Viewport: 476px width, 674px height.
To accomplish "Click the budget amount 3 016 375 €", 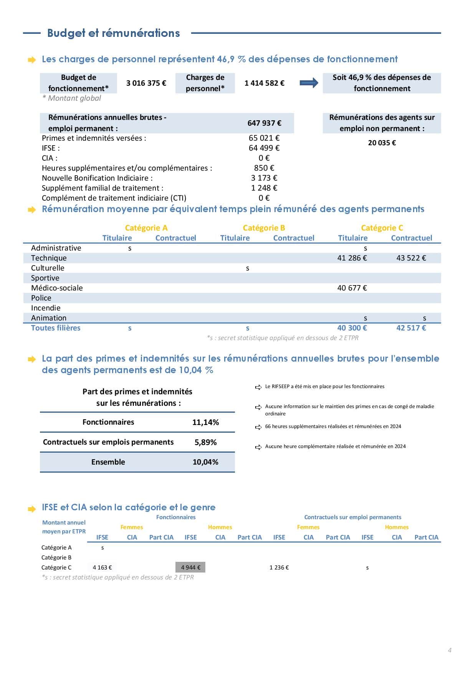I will click(146, 83).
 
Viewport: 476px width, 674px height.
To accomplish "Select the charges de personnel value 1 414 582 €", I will click(264, 83).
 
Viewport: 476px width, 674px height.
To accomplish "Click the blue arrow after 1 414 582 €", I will click(309, 83).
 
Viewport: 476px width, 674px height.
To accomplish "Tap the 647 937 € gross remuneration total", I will click(264, 123).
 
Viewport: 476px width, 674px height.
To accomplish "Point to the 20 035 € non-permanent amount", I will click(382, 143).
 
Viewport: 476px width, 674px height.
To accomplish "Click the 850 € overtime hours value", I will click(264, 168).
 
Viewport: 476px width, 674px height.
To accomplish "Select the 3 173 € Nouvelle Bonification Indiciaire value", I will click(264, 178).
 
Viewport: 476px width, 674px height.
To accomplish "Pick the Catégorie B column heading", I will click(264, 228).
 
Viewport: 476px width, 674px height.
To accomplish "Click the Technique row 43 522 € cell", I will click(411, 258).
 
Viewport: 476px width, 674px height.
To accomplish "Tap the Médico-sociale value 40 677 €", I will click(352, 288).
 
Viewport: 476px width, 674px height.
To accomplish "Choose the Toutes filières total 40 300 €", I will click(352, 328).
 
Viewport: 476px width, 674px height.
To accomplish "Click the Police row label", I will click(41, 298).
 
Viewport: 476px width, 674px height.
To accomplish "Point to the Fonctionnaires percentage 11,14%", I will click(205, 422).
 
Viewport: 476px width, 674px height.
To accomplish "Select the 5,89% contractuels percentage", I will click(205, 442).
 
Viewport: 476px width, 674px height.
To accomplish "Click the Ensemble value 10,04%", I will click(205, 462).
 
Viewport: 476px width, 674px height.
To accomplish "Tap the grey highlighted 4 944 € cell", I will click(190, 568).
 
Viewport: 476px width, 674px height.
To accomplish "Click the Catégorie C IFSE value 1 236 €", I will click(279, 568).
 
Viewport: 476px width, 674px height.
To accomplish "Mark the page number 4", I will click(450, 650).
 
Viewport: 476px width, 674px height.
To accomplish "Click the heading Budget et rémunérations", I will click(113, 33).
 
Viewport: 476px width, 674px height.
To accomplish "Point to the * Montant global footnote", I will click(72, 98).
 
